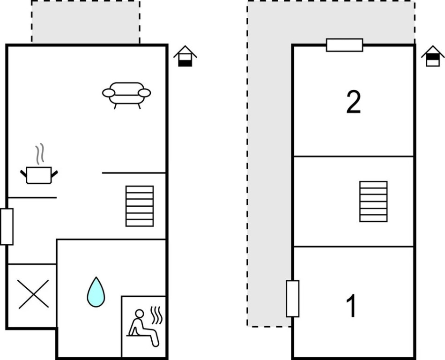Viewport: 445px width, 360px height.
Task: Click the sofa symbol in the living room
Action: [126, 96]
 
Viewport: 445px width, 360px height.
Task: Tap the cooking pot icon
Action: [39, 175]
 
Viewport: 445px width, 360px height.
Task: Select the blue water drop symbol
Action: [96, 292]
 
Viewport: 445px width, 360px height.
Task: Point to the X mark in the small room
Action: [33, 294]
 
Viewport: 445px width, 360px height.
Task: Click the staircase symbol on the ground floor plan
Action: [140, 206]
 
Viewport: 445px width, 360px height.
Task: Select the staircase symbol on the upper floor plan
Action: [373, 202]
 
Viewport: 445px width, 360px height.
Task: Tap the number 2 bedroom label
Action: [354, 102]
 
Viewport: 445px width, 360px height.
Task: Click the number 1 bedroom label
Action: [352, 306]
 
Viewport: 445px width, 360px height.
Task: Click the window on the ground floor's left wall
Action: [7, 226]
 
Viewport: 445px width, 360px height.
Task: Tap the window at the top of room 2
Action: [345, 45]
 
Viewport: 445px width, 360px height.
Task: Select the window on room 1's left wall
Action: [293, 299]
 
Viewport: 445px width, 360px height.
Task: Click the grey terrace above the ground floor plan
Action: [85, 22]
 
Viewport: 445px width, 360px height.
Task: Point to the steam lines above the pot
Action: [40, 154]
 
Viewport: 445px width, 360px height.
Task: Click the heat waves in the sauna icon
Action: [156, 315]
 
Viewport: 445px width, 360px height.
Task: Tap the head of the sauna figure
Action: [139, 314]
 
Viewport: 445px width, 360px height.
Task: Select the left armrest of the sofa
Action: [109, 93]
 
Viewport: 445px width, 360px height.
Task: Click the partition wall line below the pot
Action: [32, 197]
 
